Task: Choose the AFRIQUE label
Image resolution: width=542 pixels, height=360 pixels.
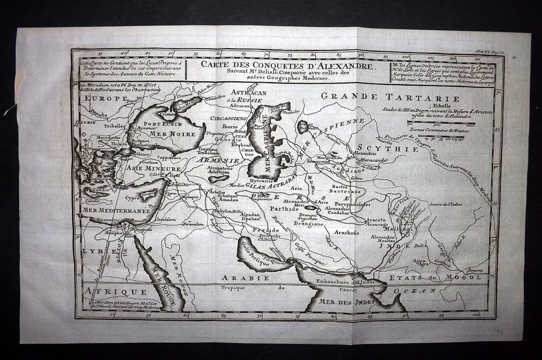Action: tap(102, 291)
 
